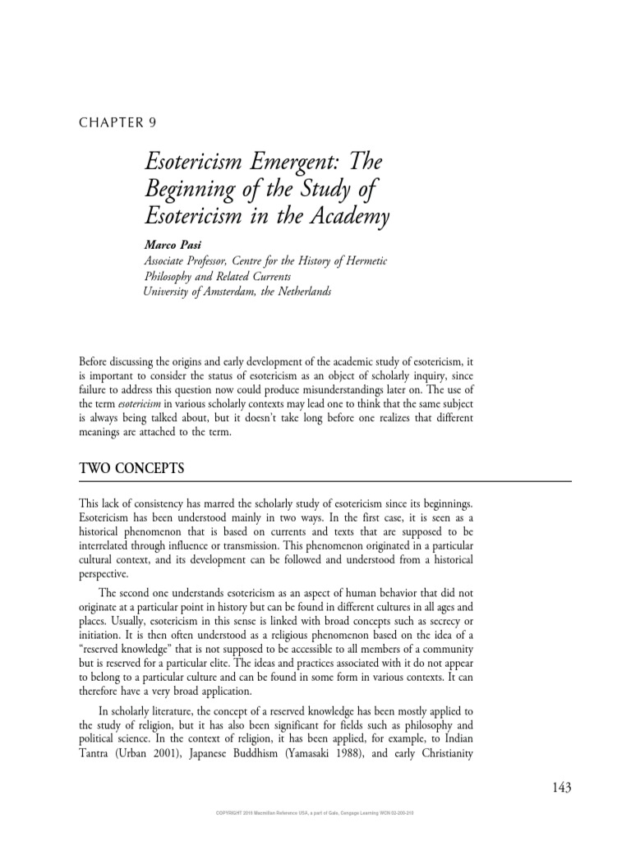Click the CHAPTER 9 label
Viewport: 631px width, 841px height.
117,123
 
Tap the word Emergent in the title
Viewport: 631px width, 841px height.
284,163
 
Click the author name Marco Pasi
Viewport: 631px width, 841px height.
172,245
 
